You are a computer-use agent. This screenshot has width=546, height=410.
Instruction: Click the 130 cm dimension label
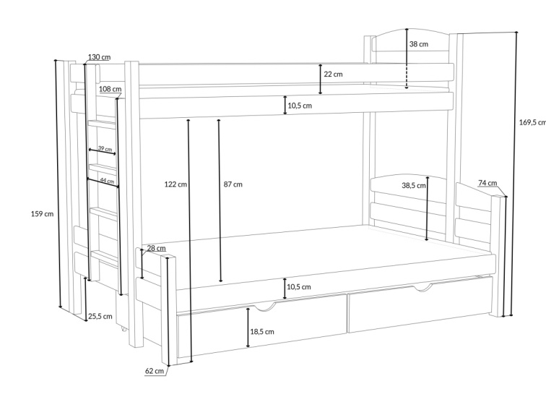tap(100, 57)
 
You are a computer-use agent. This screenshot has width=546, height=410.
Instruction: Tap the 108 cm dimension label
tap(110, 89)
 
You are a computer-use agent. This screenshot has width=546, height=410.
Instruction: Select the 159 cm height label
tap(43, 213)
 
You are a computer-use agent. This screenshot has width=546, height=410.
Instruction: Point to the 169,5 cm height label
tap(532, 122)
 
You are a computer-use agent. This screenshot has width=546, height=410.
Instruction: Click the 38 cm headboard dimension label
tap(419, 44)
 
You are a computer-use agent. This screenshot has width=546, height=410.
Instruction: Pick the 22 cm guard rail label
tap(333, 74)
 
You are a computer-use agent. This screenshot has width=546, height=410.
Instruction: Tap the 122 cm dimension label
tap(175, 184)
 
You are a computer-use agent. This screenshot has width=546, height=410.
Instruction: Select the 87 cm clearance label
tap(233, 184)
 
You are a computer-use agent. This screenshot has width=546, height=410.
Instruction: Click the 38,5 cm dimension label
tap(414, 185)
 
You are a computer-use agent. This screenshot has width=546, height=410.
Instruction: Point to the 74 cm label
tap(486, 184)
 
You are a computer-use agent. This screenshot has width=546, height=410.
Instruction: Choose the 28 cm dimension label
tap(156, 248)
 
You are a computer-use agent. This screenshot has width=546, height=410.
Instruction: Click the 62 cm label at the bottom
tap(155, 370)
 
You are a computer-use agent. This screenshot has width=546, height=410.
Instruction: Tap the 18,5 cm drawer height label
tap(262, 332)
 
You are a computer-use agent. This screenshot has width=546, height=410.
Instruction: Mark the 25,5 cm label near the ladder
tap(100, 316)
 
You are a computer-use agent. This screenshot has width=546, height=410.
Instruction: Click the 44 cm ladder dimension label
tap(108, 180)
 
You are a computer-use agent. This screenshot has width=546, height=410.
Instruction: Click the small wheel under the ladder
tap(124, 330)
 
